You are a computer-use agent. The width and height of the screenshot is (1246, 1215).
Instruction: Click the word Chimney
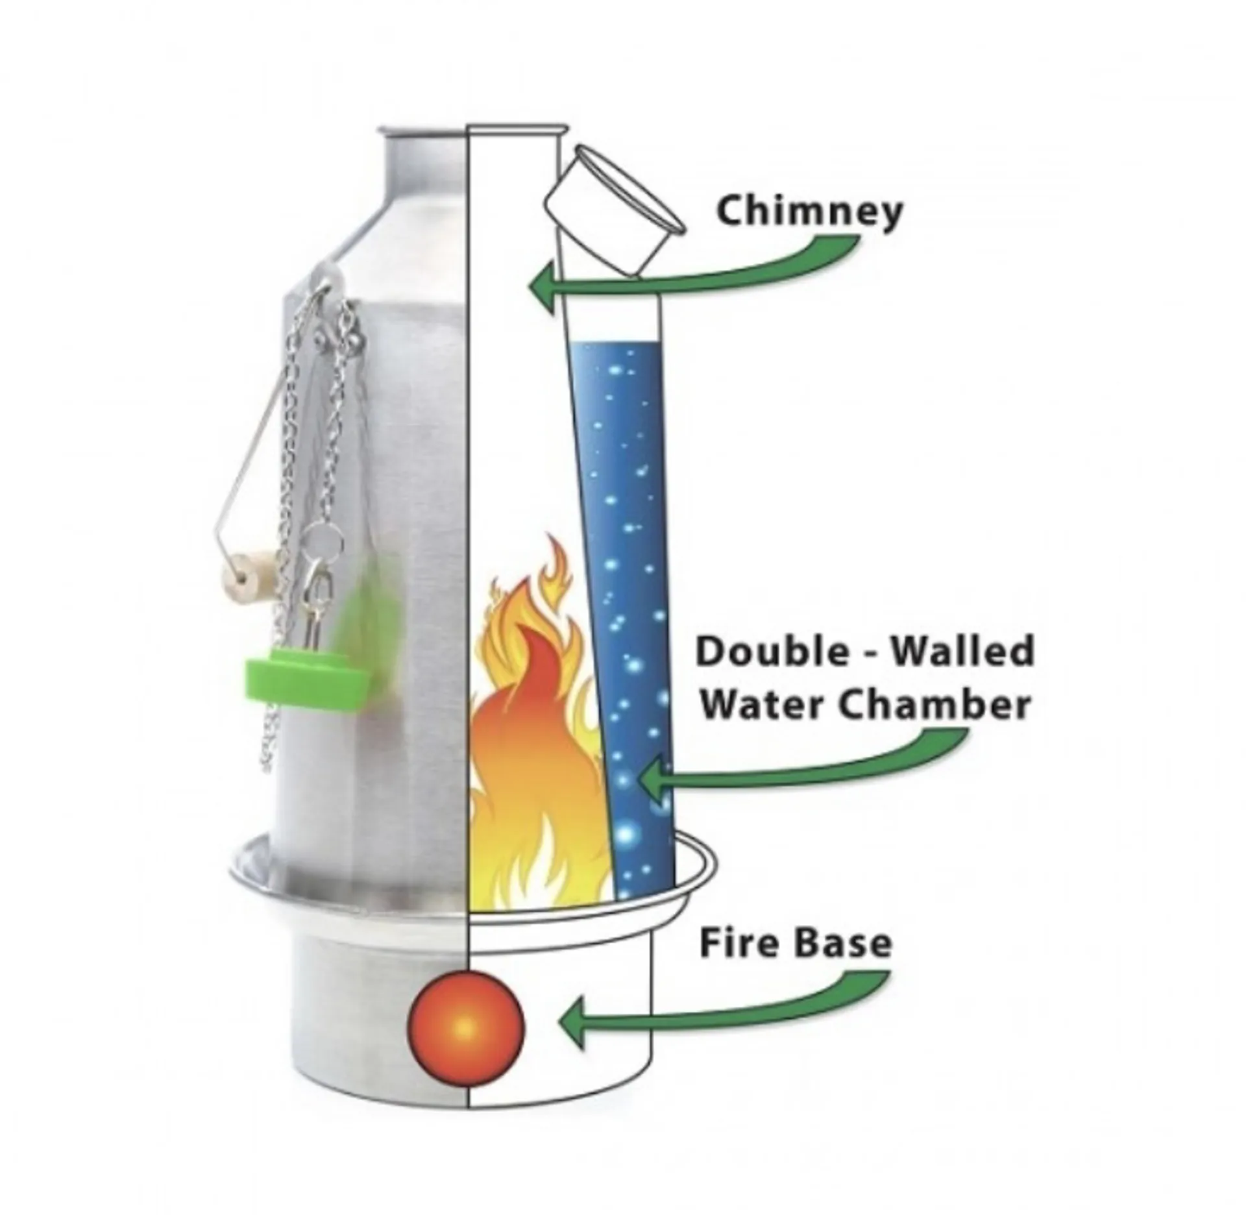[809, 212]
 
